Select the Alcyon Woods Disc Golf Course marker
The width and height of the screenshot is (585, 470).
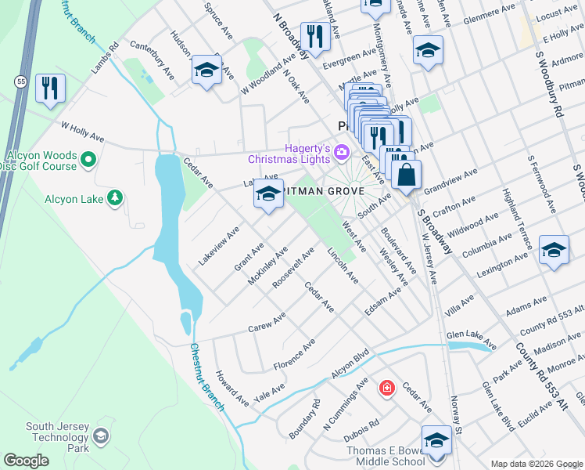(x=88, y=161)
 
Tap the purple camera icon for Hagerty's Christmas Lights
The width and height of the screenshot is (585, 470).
(x=342, y=150)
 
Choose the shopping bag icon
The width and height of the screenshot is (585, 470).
(x=407, y=175)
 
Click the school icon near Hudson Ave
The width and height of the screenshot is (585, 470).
(x=206, y=70)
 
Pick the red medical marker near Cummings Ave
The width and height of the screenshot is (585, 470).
(x=386, y=387)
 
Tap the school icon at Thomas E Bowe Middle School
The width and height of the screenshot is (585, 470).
(x=436, y=440)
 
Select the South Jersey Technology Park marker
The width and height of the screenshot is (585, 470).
(x=101, y=435)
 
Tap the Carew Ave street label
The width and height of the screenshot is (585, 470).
(x=267, y=323)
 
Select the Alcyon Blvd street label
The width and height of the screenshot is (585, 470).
(x=349, y=368)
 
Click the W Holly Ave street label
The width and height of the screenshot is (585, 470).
(x=82, y=131)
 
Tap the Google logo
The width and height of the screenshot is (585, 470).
(x=26, y=461)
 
